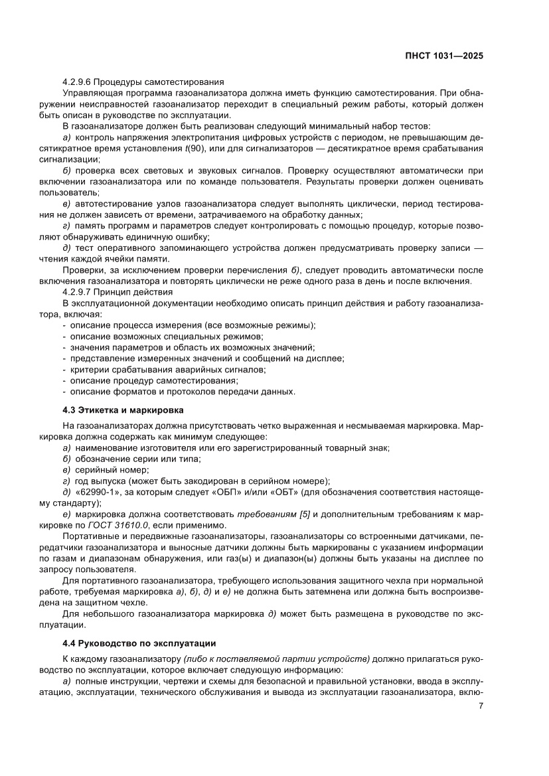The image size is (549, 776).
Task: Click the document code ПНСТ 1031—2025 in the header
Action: pyautogui.click(x=443, y=56)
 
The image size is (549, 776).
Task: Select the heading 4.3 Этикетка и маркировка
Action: pyautogui.click(x=123, y=410)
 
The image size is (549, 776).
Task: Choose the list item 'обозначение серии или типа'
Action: pyautogui.click(x=130, y=459)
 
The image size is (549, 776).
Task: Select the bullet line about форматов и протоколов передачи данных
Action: pyautogui.click(x=183, y=392)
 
